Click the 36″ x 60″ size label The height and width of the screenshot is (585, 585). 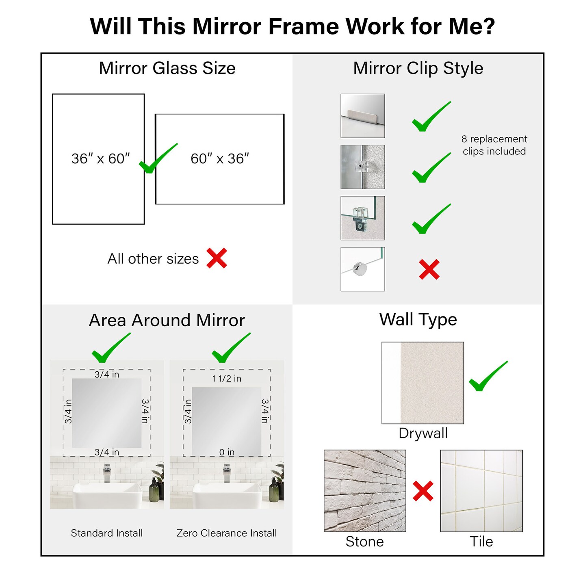100,158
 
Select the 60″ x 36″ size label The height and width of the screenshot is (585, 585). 220,158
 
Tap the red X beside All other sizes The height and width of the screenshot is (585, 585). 217,258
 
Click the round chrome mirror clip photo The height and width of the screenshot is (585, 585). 362,269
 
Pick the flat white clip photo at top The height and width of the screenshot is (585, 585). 362,116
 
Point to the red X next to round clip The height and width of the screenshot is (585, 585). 429,269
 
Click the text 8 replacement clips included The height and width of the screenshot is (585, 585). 494,145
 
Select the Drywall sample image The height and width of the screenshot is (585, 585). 422,383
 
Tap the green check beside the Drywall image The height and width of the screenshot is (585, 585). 487,377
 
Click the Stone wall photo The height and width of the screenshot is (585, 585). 365,490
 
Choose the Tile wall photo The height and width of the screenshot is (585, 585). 481,490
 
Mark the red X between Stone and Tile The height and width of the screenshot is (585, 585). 423,491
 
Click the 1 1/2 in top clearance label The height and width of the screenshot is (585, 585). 227,379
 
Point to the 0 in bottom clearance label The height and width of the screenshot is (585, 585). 227,452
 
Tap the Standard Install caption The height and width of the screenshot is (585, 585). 107,533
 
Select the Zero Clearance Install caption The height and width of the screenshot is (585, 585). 227,533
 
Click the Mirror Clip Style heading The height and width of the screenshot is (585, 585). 418,68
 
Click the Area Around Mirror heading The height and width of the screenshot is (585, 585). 167,320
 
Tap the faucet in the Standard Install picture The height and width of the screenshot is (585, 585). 107,473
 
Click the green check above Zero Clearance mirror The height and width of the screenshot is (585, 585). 230,349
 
